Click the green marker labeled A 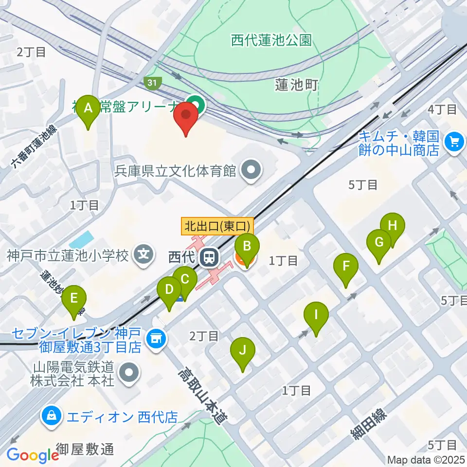click(x=89, y=108)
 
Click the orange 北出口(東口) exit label click(x=218, y=226)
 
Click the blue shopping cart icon click(x=454, y=142)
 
